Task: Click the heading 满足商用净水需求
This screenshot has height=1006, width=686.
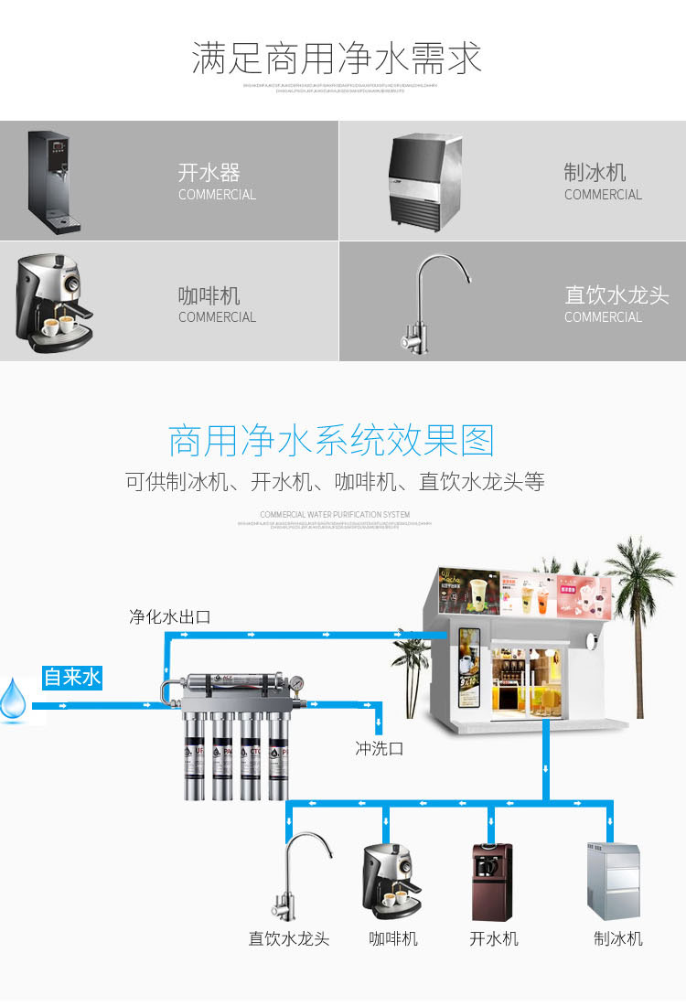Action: click(336, 59)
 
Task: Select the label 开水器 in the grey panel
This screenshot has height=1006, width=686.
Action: click(209, 173)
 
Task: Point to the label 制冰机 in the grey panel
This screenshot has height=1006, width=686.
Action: click(595, 173)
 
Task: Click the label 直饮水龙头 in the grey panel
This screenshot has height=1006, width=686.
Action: click(616, 295)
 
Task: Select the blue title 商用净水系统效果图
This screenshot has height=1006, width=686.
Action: click(331, 441)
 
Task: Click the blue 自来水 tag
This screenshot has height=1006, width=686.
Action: click(72, 678)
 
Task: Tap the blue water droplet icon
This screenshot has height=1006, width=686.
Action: click(14, 700)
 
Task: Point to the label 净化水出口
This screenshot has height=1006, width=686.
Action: click(169, 616)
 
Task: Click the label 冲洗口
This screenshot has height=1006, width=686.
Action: click(379, 748)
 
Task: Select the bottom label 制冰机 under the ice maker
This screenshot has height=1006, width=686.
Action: click(617, 939)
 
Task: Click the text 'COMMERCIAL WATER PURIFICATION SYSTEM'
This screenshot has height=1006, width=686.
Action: click(335, 515)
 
